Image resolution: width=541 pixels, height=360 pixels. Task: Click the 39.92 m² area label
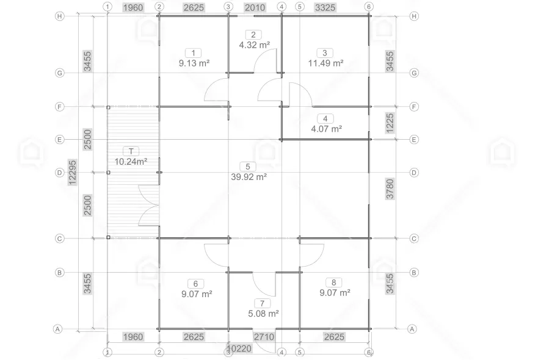click(249, 177)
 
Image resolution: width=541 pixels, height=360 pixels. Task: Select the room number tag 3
click(325, 52)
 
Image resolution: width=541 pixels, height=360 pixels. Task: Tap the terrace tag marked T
click(131, 151)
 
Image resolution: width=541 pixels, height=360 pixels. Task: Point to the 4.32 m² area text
click(255, 45)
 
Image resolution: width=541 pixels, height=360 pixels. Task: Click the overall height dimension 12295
click(73, 172)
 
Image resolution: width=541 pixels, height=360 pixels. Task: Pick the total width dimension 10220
click(239, 348)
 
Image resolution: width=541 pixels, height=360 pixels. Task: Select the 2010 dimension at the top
click(255, 7)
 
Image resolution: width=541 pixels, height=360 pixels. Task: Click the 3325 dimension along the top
click(325, 7)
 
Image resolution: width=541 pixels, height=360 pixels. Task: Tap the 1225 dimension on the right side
click(390, 123)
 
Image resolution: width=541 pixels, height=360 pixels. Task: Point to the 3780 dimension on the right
click(390, 189)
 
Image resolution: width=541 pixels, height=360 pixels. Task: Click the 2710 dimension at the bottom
click(264, 337)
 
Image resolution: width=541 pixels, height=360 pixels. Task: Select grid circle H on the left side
click(60, 16)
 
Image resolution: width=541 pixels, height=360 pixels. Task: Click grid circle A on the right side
click(412, 329)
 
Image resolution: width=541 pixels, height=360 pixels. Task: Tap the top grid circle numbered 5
click(299, 7)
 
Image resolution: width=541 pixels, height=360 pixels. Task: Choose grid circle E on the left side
click(60, 140)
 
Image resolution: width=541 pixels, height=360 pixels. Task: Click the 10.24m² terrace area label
click(131, 162)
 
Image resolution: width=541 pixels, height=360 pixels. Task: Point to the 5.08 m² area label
click(263, 314)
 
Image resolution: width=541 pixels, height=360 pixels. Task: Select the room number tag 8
click(333, 283)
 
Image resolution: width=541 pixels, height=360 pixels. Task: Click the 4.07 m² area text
click(327, 129)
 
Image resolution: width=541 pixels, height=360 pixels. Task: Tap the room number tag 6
click(195, 284)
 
